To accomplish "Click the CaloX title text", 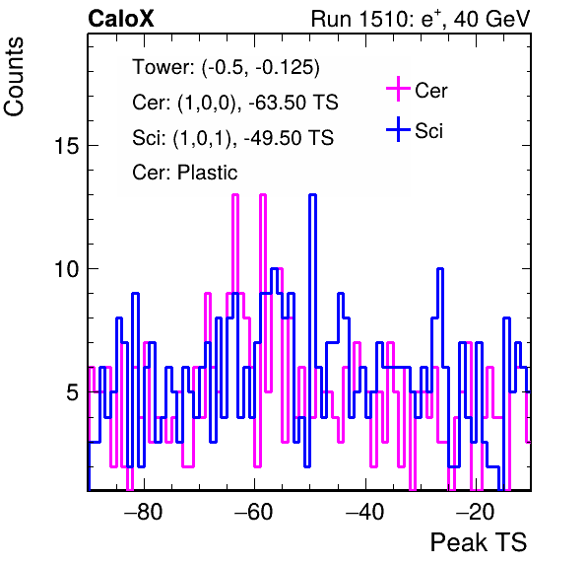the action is [x=121, y=19].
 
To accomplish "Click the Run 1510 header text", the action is [x=421, y=19].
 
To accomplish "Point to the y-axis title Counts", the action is [x=14, y=77].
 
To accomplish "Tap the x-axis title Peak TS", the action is [x=478, y=542].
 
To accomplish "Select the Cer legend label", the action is [x=430, y=91].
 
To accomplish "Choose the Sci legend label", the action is [x=428, y=131].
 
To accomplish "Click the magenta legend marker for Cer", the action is [x=398, y=89].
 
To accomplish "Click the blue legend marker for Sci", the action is [x=398, y=129].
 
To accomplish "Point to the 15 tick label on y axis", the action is [x=67, y=146].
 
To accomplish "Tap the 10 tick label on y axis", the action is [x=67, y=269].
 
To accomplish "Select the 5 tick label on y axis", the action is [x=73, y=392].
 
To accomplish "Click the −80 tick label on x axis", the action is [x=143, y=511].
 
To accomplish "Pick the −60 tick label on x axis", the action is [x=254, y=511].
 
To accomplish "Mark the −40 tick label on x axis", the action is [x=364, y=511].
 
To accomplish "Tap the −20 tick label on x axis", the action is [x=476, y=511].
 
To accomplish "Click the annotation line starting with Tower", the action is [x=227, y=67].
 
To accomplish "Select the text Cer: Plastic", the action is [x=185, y=173].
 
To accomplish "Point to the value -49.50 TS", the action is [x=289, y=137].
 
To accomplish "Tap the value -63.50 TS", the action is [x=293, y=103].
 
